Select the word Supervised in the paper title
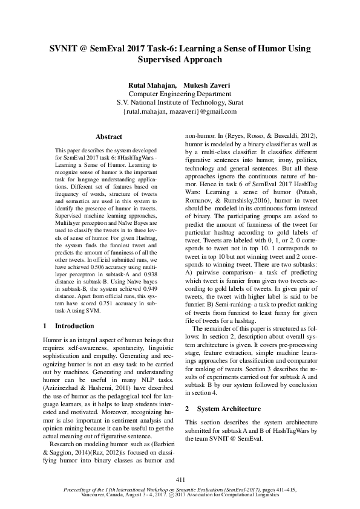pyautogui.click(x=160, y=60)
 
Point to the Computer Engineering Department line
pyautogui.click(x=180, y=94)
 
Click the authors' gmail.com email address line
pyautogui.click(x=180, y=111)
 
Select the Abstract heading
pyautogui.click(x=109, y=137)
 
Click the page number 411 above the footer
pyautogui.click(x=180, y=479)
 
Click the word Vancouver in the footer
pyautogui.click(x=94, y=494)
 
